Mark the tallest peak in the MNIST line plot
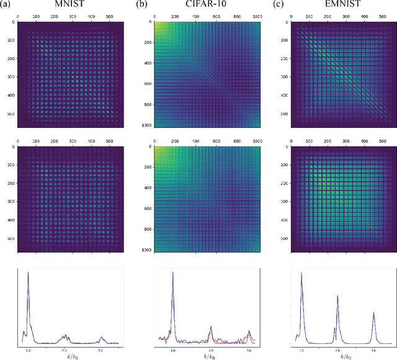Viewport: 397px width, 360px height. click(27, 273)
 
